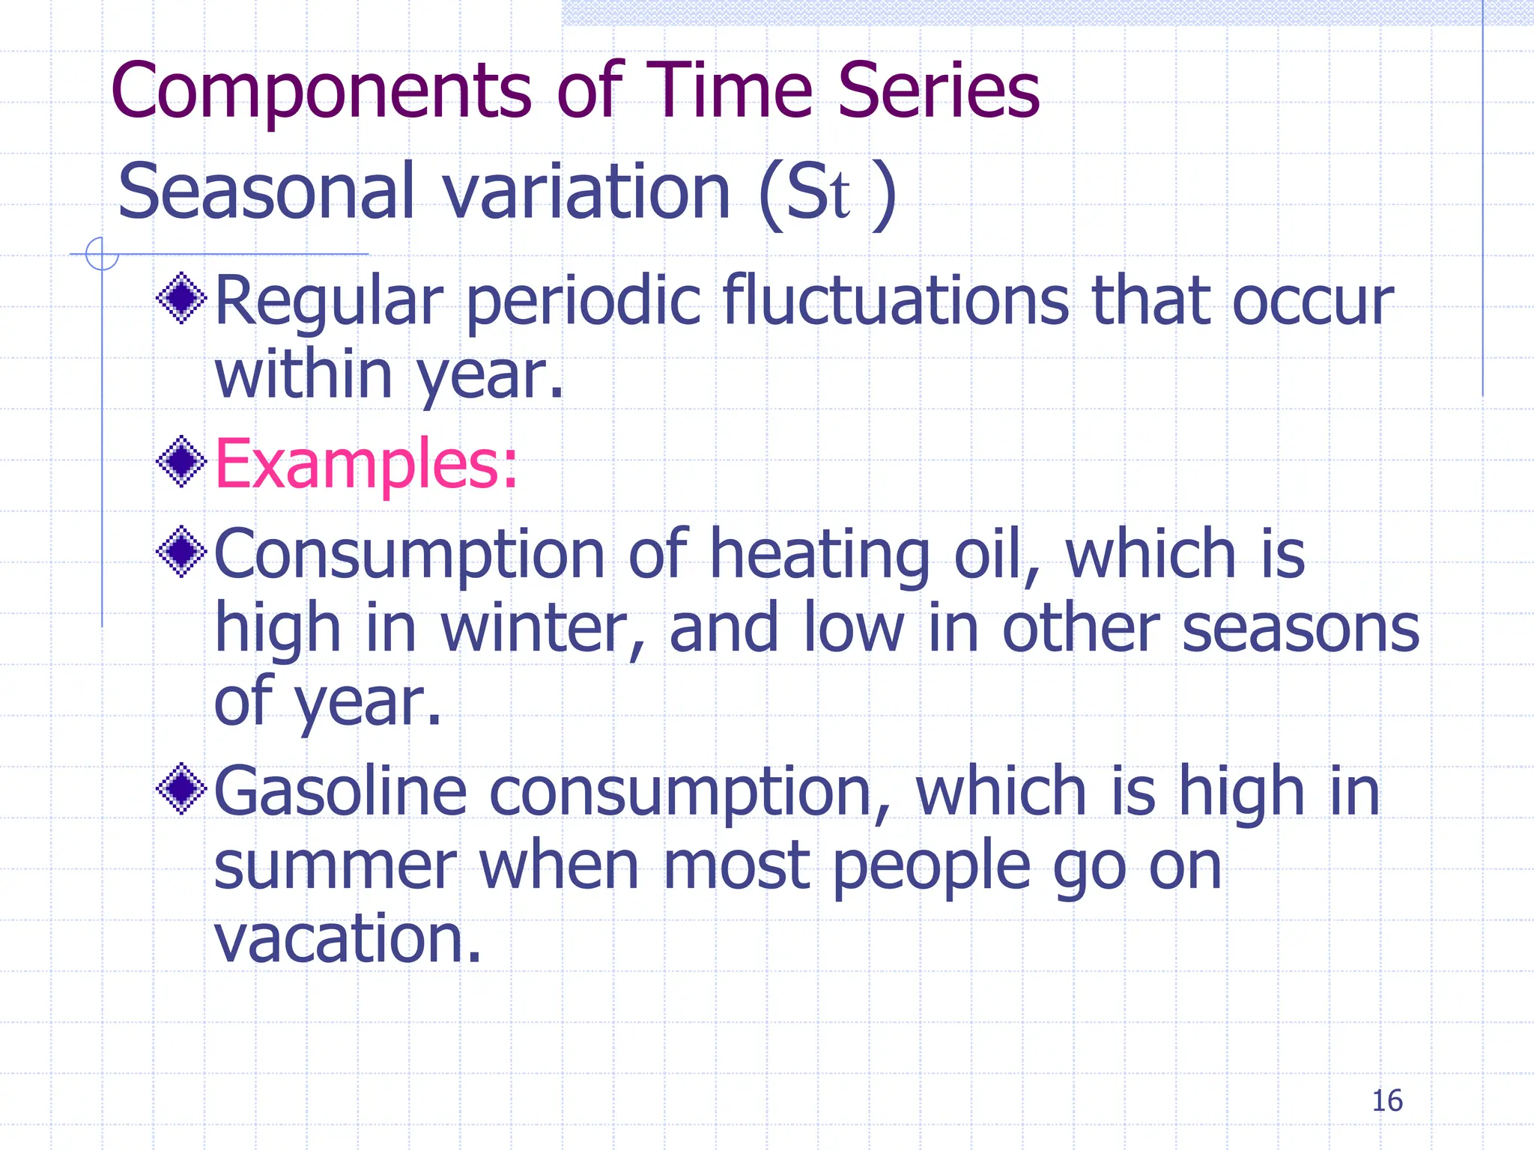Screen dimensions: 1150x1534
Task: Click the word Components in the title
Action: (x=322, y=91)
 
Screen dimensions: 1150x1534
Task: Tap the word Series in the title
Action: (x=938, y=91)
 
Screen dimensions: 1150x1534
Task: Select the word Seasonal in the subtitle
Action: (x=265, y=192)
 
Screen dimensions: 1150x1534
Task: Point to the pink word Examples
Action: (x=366, y=464)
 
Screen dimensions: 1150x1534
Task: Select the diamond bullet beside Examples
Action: (x=181, y=462)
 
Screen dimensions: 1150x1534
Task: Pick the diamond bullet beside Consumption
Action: (x=181, y=553)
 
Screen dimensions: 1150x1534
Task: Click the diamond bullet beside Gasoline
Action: (x=181, y=789)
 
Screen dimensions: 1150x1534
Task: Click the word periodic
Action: (x=584, y=302)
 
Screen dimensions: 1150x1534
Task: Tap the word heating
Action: (x=820, y=556)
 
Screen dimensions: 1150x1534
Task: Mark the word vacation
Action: (x=348, y=939)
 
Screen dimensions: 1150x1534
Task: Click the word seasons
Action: (x=1300, y=629)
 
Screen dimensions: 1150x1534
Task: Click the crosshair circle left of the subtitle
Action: (x=102, y=254)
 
